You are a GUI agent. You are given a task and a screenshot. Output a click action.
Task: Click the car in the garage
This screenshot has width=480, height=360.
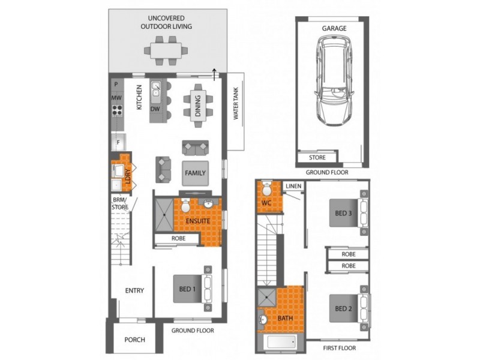pyautogui.click(x=334, y=81)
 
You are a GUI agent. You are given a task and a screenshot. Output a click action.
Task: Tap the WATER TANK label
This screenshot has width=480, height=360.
pyautogui.click(x=236, y=103)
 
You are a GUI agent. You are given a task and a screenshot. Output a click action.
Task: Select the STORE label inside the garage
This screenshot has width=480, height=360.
pyautogui.click(x=317, y=158)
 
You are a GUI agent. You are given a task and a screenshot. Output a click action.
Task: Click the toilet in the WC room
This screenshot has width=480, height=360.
pyautogui.click(x=267, y=188)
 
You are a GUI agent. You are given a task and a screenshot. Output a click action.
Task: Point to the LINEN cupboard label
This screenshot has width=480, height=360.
pyautogui.click(x=293, y=186)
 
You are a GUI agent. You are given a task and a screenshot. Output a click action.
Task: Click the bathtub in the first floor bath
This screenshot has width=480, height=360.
pyautogui.click(x=281, y=342)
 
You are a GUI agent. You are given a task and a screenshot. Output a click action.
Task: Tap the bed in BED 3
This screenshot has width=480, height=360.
pyautogui.click(x=349, y=213)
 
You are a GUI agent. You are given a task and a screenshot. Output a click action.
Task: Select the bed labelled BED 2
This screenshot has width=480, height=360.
pyautogui.click(x=349, y=308)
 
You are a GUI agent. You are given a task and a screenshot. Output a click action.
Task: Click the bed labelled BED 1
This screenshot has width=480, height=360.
pyautogui.click(x=193, y=289)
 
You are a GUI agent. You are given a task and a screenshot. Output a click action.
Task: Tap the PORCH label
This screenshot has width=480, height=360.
pyautogui.click(x=134, y=340)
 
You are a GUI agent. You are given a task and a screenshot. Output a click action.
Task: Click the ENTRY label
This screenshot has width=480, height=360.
pyautogui.click(x=134, y=290)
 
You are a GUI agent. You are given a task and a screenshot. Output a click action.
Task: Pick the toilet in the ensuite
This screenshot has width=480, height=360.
pyautogui.click(x=185, y=205)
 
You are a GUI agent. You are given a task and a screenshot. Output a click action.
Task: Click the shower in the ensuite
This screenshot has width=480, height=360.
pyautogui.click(x=164, y=215)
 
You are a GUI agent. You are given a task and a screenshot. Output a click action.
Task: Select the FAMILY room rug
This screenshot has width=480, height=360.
pyautogui.click(x=196, y=173)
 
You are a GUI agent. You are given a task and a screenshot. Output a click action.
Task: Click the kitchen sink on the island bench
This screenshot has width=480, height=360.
pyautogui.click(x=156, y=92)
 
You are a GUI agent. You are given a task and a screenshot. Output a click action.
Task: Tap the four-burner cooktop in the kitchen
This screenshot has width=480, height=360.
pyautogui.click(x=117, y=110)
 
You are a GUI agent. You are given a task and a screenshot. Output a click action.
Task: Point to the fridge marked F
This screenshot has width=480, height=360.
pyautogui.click(x=118, y=142)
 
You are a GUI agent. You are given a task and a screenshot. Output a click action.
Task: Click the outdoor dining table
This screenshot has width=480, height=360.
pyautogui.click(x=166, y=50)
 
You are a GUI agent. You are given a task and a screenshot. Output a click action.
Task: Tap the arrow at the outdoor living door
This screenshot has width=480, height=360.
pyautogui.click(x=214, y=74)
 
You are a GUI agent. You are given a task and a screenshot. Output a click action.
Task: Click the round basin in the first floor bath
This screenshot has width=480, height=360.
pyautogui.click(x=263, y=320)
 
